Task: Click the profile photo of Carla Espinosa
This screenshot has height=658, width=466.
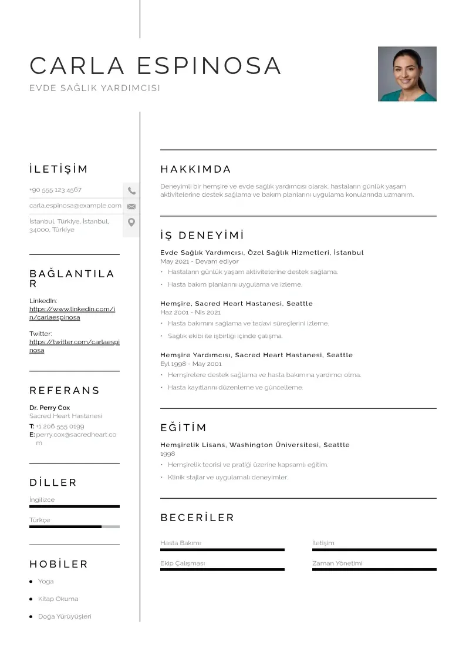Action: click(407, 74)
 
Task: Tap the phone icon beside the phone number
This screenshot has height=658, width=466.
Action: click(131, 190)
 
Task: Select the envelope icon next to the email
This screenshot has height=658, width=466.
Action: click(131, 206)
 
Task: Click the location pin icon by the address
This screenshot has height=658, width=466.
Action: click(131, 222)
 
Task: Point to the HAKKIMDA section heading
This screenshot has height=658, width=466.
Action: click(195, 170)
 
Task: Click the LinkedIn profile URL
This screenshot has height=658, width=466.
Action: click(72, 313)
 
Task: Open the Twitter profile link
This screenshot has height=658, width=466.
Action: click(74, 346)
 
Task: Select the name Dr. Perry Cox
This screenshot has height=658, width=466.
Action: click(49, 408)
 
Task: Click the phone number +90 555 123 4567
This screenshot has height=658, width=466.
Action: click(56, 190)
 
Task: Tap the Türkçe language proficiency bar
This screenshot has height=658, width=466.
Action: click(74, 527)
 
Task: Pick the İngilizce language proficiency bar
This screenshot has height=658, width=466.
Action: click(74, 506)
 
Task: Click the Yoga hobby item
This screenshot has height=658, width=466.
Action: click(46, 582)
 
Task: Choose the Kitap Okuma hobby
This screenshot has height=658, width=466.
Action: click(58, 599)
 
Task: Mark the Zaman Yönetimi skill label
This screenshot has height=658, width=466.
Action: click(337, 563)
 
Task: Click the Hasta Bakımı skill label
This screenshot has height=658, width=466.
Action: click(181, 543)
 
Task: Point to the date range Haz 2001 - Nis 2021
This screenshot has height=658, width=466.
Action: click(191, 313)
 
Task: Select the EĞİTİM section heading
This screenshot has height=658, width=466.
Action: click(183, 428)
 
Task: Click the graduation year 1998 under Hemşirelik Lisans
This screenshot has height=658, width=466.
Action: click(168, 454)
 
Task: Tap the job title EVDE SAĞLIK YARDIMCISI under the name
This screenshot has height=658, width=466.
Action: click(94, 88)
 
